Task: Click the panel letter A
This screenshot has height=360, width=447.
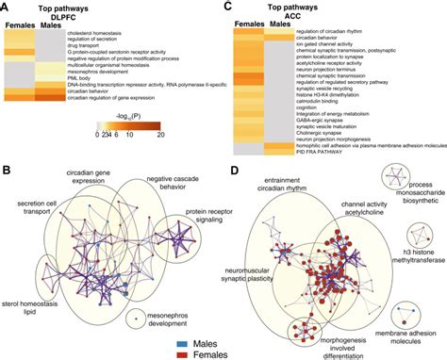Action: [6, 7]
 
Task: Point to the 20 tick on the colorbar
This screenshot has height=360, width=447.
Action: [187, 135]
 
